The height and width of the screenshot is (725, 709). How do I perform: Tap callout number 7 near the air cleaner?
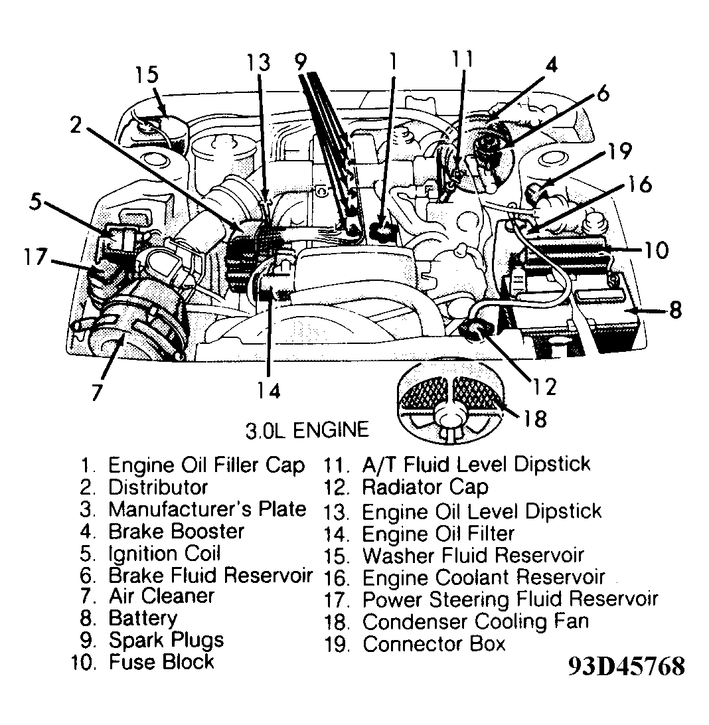point(98,392)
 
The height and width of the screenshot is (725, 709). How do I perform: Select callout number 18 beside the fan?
point(534,418)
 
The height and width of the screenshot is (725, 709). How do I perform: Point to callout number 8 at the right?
point(675,309)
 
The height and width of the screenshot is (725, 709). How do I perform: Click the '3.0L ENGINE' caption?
point(307,430)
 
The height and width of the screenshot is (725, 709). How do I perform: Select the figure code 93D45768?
point(625,667)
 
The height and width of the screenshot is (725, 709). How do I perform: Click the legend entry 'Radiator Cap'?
point(424,487)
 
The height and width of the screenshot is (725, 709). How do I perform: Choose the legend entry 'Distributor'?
point(158,487)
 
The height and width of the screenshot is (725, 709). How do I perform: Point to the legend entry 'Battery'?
point(143,618)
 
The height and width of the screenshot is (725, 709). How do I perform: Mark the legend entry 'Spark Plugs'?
point(166,640)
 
